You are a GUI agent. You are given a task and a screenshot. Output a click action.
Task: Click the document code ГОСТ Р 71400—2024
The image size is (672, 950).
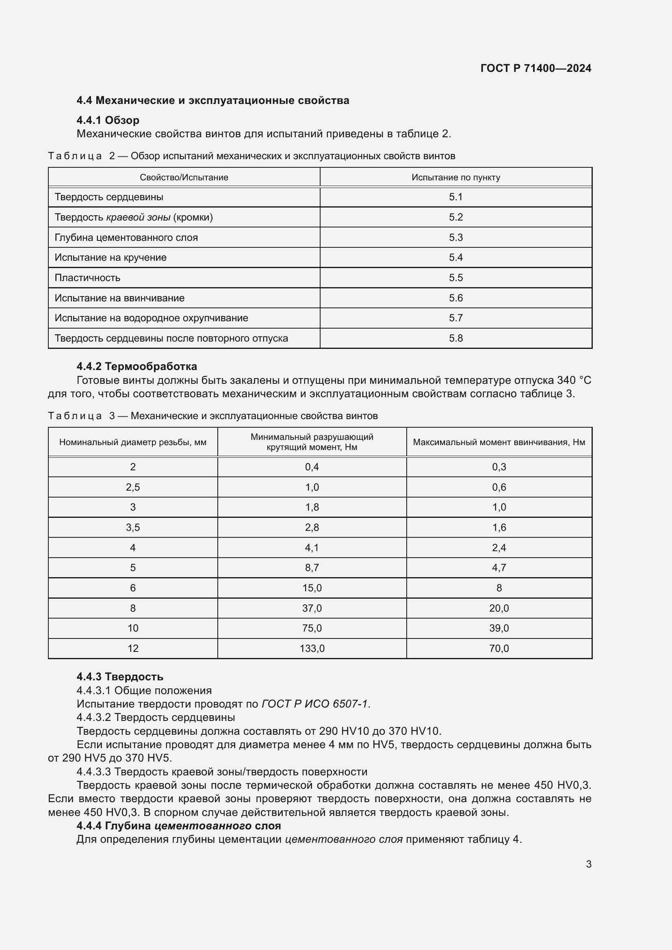pyautogui.click(x=535, y=68)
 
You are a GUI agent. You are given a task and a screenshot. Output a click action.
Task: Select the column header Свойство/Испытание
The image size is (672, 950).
pyautogui.click(x=184, y=177)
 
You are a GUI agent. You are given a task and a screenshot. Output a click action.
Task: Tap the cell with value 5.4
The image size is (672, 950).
pyautogui.click(x=455, y=258)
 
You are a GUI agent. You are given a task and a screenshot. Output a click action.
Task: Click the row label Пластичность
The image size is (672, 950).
pyautogui.click(x=87, y=278)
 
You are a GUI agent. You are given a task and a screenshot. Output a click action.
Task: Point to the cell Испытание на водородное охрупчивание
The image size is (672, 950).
pyautogui.click(x=152, y=318)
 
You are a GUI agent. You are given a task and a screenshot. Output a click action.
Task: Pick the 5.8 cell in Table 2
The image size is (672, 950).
pyautogui.click(x=455, y=338)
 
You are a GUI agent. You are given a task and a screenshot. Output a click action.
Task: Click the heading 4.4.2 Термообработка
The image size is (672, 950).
pyautogui.click(x=137, y=366)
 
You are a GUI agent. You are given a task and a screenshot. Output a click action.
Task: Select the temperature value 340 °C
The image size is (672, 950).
pyautogui.click(x=574, y=380)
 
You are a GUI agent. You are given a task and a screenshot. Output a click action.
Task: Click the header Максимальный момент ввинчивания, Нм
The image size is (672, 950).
pyautogui.click(x=499, y=442)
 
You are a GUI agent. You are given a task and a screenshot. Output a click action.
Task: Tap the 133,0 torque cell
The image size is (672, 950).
pyautogui.click(x=312, y=648)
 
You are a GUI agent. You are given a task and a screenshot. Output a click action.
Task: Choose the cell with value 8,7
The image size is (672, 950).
pyautogui.click(x=312, y=567)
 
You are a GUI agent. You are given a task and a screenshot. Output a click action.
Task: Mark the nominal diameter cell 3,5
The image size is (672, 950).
pyautogui.click(x=133, y=527)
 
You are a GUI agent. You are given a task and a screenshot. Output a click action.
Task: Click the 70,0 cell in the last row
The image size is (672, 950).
pyautogui.click(x=499, y=648)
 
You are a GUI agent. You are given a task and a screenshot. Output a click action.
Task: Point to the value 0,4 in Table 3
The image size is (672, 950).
pyautogui.click(x=312, y=467)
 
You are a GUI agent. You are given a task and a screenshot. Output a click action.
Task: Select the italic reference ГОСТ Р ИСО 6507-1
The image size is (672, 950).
pyautogui.click(x=314, y=704)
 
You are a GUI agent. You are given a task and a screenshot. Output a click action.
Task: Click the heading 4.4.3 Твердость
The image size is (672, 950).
pyautogui.click(x=119, y=677)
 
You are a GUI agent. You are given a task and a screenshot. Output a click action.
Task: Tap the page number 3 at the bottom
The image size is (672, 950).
pyautogui.click(x=588, y=864)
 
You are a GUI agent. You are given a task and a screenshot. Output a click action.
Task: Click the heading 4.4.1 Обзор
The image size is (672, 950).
pyautogui.click(x=108, y=120)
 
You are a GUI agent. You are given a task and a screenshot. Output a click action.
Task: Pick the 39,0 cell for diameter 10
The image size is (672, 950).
pyautogui.click(x=499, y=628)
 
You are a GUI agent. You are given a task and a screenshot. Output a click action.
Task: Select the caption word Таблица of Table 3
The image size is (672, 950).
pyautogui.click(x=75, y=416)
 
